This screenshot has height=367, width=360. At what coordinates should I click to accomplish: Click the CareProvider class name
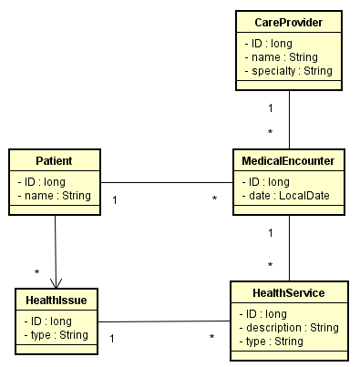coord(289,22)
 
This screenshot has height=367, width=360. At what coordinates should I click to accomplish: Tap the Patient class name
coord(54,161)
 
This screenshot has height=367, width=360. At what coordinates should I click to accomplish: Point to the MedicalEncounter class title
coord(289,161)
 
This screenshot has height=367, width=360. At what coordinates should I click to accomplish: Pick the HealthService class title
coord(289,293)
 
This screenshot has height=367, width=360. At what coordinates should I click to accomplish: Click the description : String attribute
coord(289,327)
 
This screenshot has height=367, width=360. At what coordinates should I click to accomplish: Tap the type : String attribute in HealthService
coord(271,341)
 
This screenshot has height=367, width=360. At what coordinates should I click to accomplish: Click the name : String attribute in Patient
coord(55,196)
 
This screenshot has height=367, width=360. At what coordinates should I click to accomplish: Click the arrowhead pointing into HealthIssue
coord(57,282)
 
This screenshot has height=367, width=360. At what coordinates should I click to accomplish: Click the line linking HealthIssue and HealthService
coord(164,321)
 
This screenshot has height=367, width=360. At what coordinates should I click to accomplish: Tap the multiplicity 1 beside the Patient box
coord(114,198)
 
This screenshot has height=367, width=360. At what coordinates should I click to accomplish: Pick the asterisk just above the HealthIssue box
coord(37,271)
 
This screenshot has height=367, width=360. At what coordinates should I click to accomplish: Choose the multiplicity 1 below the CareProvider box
coord(271,108)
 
